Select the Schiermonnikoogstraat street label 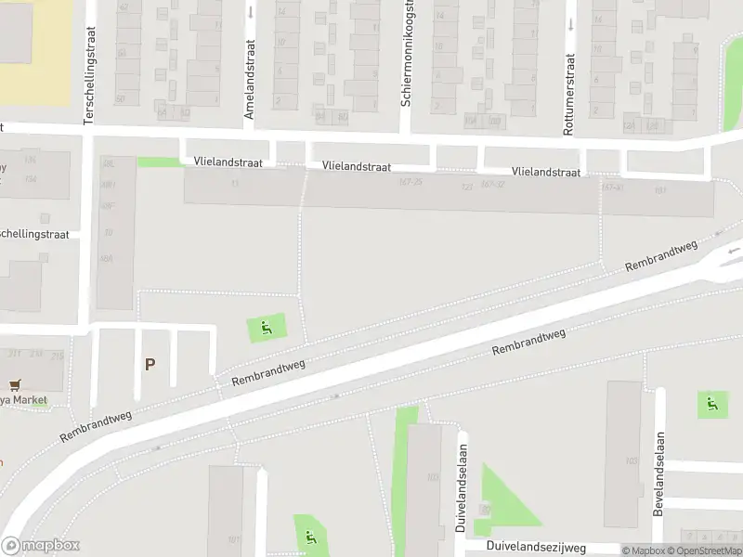pyautogui.click(x=406, y=54)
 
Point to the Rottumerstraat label pyautogui.click(x=568, y=94)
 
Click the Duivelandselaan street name pyautogui.click(x=461, y=486)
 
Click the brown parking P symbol pyautogui.click(x=149, y=365)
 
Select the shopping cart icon pyautogui.click(x=14, y=385)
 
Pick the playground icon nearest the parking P pyautogui.click(x=267, y=328)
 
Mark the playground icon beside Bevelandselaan pyautogui.click(x=712, y=404)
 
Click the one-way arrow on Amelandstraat pyautogui.click(x=251, y=13)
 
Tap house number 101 pyautogui.click(x=233, y=539)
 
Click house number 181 pyautogui.click(x=660, y=190)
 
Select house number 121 pyautogui.click(x=466, y=187)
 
